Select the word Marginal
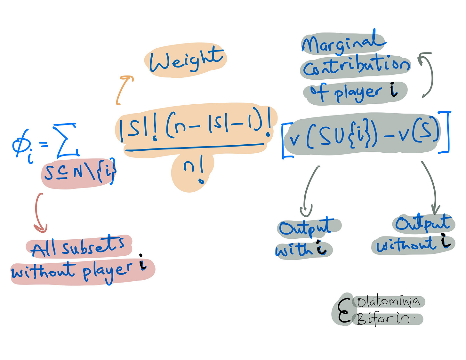tap(342, 43)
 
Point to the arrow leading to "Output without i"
tap(430, 187)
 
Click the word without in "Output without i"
tap(406, 246)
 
